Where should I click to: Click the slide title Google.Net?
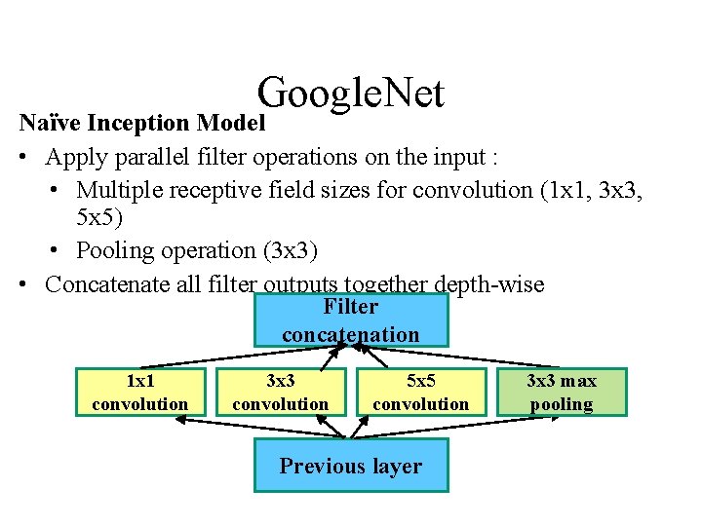[351, 94]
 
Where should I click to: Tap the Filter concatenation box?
[351, 320]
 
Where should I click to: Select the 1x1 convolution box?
[140, 392]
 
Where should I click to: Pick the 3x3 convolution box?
[281, 392]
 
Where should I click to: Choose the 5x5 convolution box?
[421, 392]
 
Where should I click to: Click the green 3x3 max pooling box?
[561, 392]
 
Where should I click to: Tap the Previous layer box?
[351, 466]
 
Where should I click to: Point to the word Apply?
[72, 157]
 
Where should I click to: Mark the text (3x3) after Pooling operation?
[291, 250]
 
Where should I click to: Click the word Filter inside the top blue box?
[350, 307]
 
